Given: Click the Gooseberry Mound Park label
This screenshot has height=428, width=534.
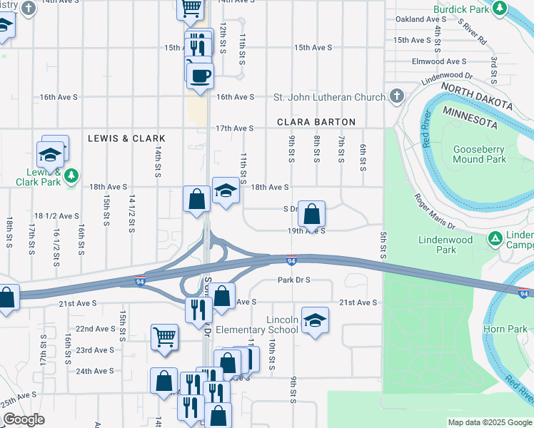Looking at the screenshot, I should point(479,155).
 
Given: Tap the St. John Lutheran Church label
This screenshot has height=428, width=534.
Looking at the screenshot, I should point(330,96).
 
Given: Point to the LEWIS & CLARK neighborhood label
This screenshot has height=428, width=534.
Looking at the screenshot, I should point(126,138).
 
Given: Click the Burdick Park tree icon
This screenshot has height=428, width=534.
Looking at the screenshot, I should point(501,9).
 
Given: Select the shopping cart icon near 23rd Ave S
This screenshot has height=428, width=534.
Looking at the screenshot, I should point(164,336).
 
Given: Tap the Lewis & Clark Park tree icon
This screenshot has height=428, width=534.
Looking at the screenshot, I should point(71,175).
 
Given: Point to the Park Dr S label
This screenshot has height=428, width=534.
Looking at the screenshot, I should point(293,280).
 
